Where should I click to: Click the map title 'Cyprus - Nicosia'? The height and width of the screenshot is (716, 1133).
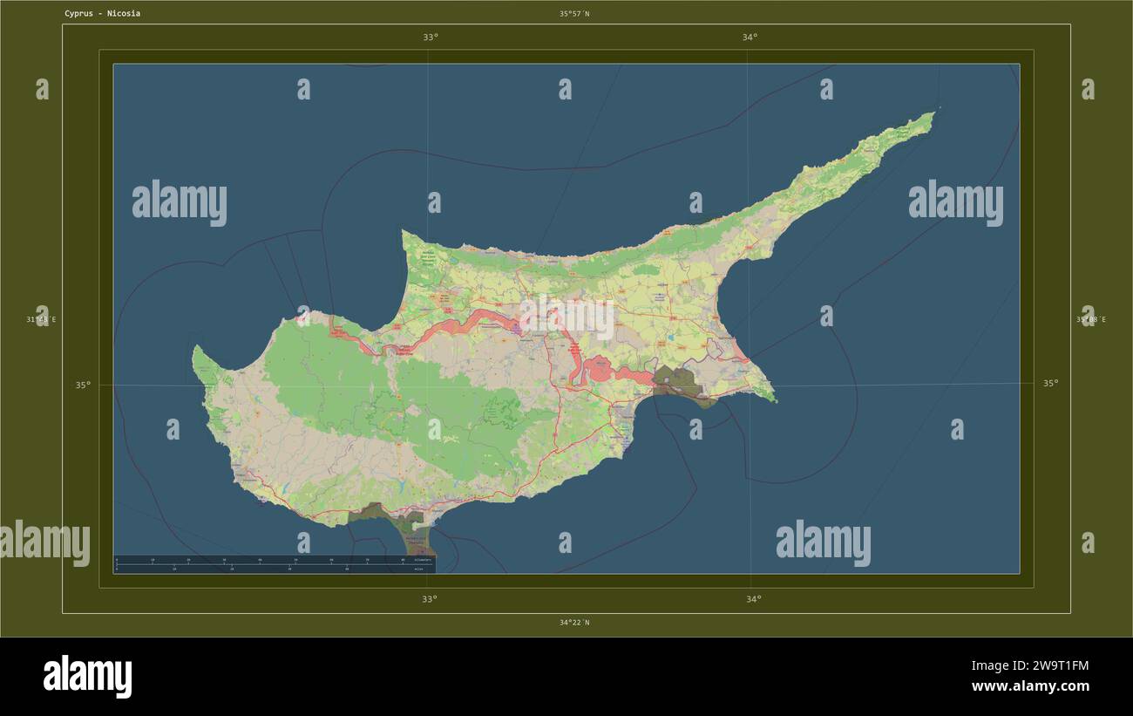point(102,14)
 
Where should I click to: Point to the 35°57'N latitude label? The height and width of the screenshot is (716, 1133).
point(574,14)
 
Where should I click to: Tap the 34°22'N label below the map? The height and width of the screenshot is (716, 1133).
point(574,623)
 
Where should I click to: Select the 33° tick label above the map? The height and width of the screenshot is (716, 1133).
point(431,38)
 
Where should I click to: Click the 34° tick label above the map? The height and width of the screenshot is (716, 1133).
point(750,38)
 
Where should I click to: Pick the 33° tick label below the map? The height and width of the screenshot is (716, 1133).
point(430,599)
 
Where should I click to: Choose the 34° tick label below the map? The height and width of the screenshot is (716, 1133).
point(753,599)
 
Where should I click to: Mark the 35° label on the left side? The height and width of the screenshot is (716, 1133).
point(82,385)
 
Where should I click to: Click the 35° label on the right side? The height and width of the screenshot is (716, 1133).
point(1051,383)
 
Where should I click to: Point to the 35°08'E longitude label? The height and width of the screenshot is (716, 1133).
point(1090,319)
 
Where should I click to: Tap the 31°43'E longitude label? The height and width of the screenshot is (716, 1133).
point(41,319)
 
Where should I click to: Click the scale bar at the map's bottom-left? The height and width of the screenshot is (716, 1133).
point(275,564)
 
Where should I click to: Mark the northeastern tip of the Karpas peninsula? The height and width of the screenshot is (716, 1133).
point(933,113)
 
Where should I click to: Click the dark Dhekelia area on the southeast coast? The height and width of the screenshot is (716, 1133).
point(676,384)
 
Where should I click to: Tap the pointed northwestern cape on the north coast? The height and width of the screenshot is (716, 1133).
point(404,232)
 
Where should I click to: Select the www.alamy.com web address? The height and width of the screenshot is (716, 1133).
point(1031,686)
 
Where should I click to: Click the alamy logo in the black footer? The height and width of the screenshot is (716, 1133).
point(88,677)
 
